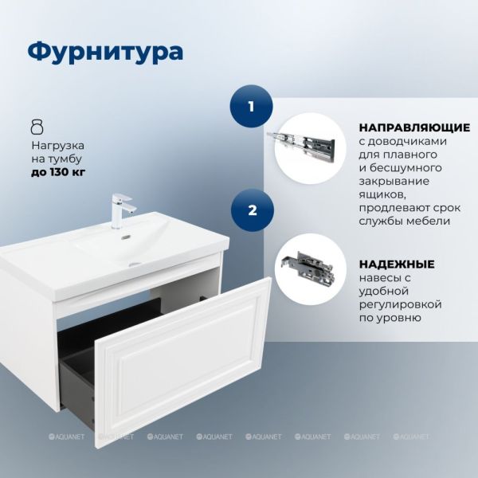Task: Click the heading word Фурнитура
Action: [105, 52]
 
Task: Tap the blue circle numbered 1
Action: [251, 107]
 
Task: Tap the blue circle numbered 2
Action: [252, 210]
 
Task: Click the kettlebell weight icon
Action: [37, 127]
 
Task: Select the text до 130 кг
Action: [58, 172]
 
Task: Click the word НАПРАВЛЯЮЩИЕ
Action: [414, 127]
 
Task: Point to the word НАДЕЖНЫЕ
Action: [397, 264]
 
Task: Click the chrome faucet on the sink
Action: [122, 210]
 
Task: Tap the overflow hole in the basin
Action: [126, 237]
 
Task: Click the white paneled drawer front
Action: [184, 362]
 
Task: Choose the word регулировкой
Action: [400, 304]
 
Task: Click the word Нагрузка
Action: [58, 146]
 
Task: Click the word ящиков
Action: [382, 195]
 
